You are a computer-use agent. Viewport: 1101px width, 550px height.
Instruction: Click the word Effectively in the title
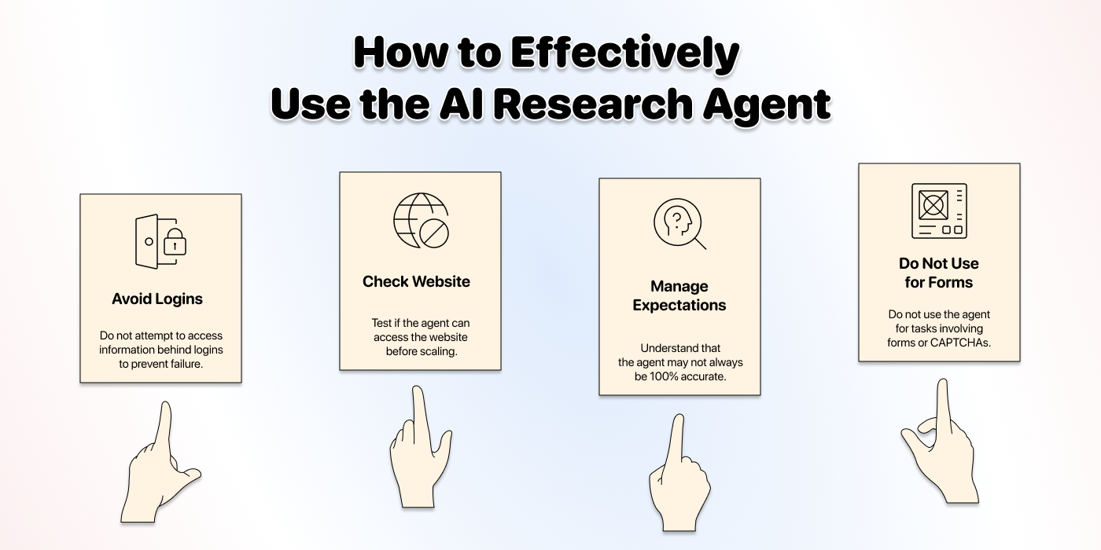(624, 53)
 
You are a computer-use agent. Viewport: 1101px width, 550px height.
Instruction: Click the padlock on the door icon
(175, 242)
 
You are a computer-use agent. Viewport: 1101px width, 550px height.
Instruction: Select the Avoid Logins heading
(157, 299)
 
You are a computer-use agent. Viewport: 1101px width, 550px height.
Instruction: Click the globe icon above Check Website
(422, 221)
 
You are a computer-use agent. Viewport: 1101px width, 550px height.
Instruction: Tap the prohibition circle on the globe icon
(434, 233)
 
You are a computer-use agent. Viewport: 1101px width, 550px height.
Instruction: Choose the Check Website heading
(416, 281)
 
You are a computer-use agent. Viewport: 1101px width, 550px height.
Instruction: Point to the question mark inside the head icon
(677, 218)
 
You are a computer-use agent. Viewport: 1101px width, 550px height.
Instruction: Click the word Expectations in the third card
(679, 306)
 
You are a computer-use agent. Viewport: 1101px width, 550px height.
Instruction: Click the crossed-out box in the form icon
(933, 205)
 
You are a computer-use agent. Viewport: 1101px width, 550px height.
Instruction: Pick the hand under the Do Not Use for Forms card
(940, 441)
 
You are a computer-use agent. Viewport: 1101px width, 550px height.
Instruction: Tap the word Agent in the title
(767, 104)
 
